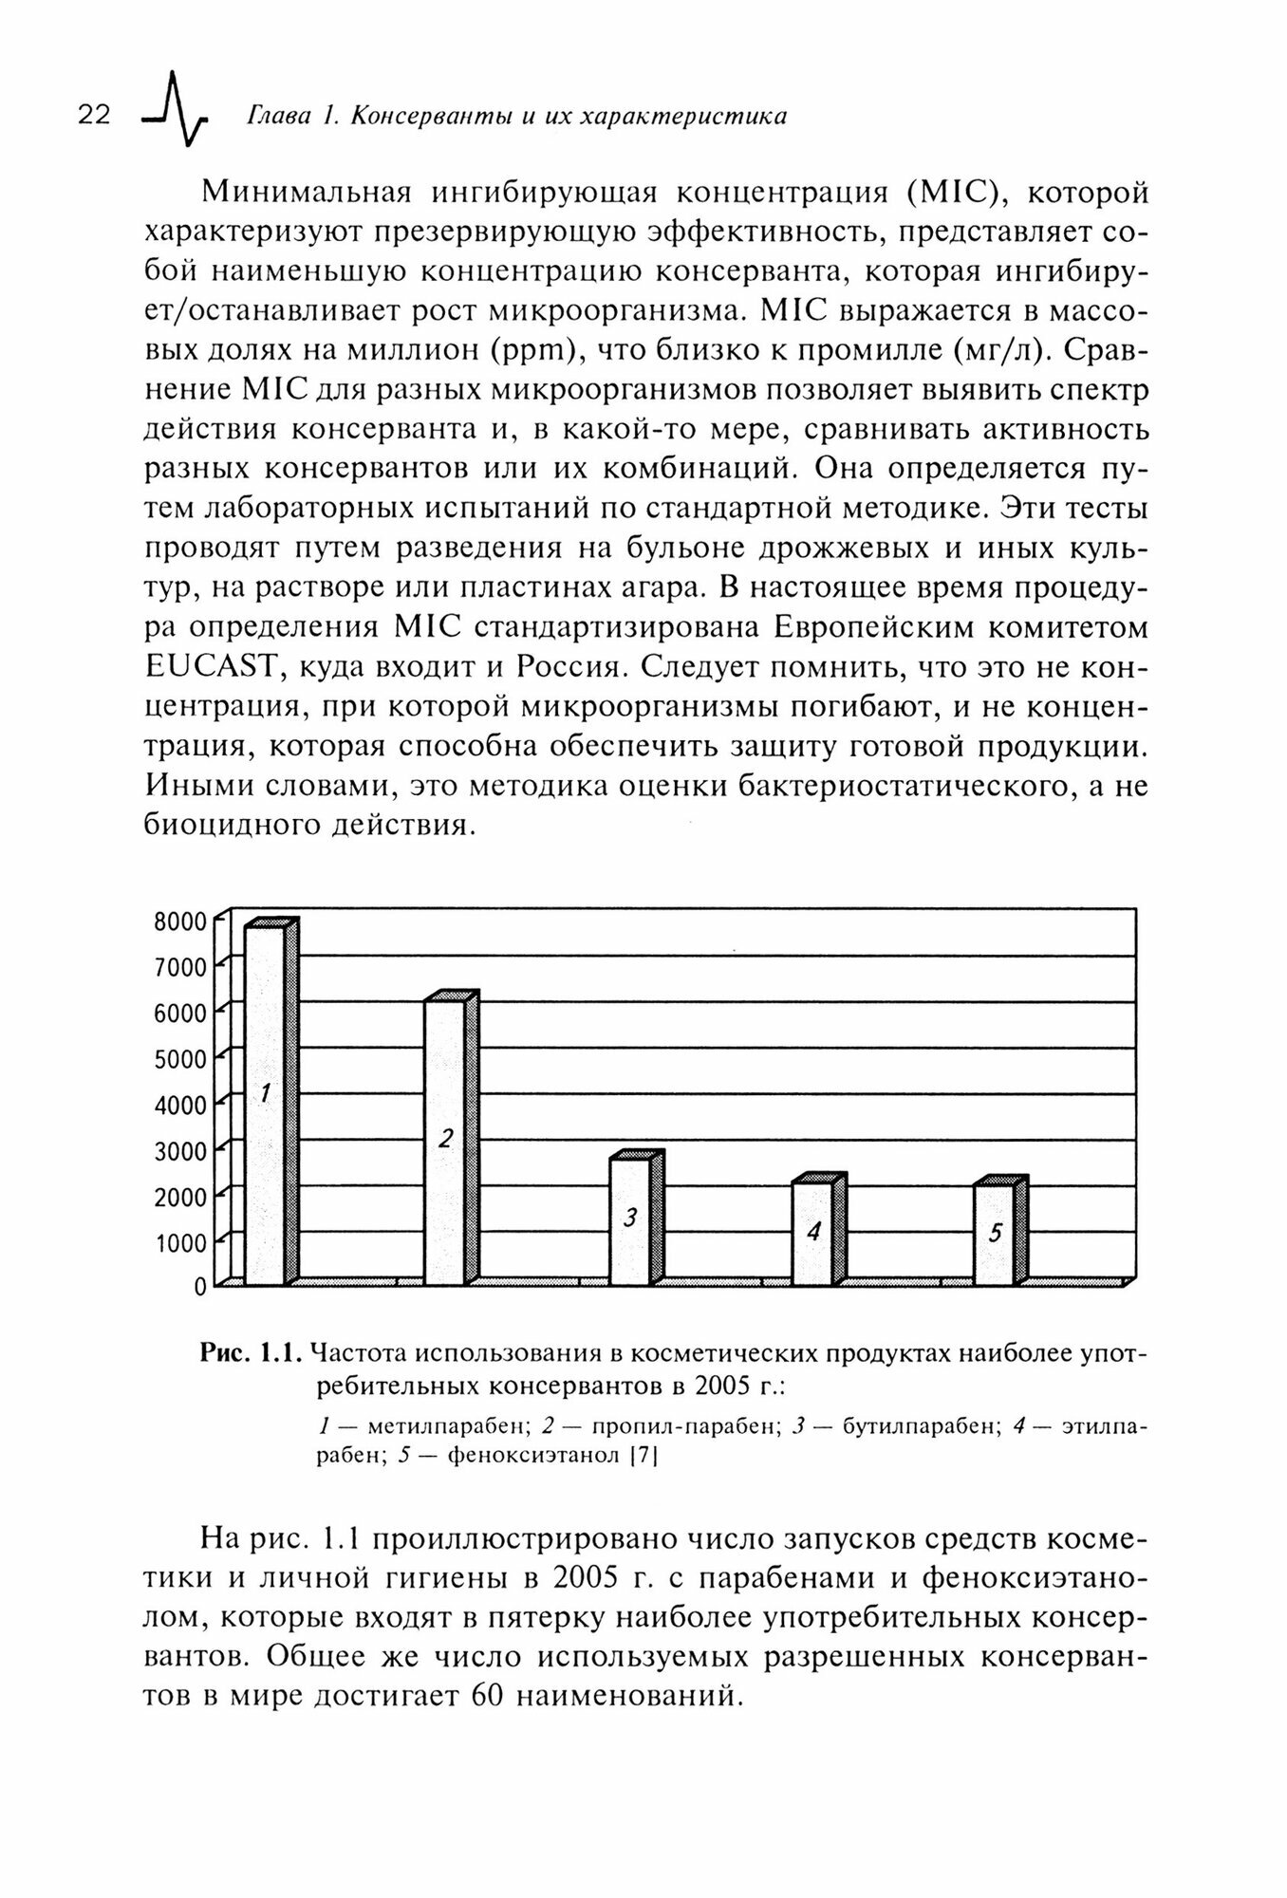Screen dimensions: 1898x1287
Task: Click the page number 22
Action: pos(94,116)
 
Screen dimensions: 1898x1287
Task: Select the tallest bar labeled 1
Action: pos(265,1106)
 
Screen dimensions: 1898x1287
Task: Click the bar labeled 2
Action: pos(444,1144)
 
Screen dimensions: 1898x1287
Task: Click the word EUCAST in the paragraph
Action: pos(210,667)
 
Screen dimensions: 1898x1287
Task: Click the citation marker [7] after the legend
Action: pos(643,1455)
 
